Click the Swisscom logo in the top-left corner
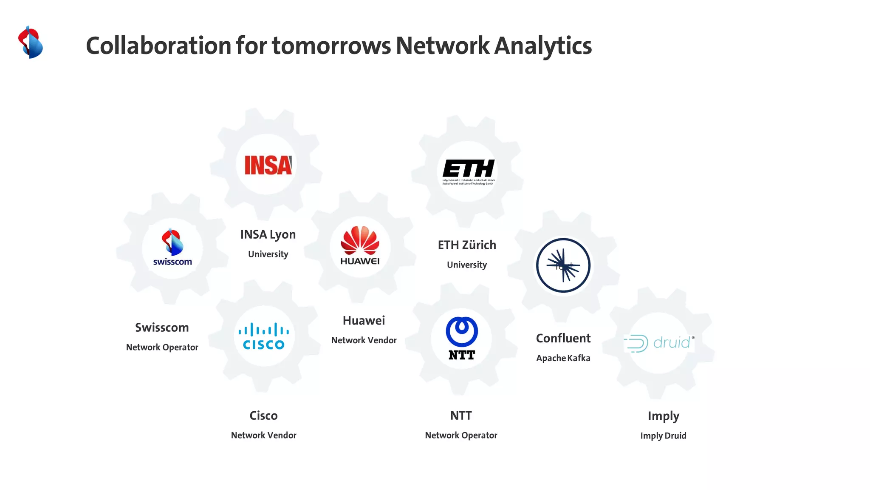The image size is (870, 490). (31, 42)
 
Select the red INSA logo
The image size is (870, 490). (268, 165)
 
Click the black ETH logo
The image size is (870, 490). (468, 171)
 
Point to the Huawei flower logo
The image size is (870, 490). (360, 245)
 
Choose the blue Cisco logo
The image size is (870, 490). (264, 336)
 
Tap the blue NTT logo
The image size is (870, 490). (462, 338)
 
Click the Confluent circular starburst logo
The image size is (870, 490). (563, 265)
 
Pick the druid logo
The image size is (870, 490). (659, 343)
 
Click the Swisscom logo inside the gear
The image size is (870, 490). (172, 248)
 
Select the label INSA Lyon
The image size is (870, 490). (268, 234)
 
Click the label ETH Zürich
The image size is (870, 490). (467, 245)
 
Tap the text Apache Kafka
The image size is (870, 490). (563, 358)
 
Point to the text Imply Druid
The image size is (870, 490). (663, 436)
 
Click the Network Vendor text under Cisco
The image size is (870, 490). (264, 435)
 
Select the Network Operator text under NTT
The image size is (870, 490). (461, 435)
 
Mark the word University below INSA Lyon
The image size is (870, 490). (268, 254)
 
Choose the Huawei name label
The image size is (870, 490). (364, 321)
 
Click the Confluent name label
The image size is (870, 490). (563, 338)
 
